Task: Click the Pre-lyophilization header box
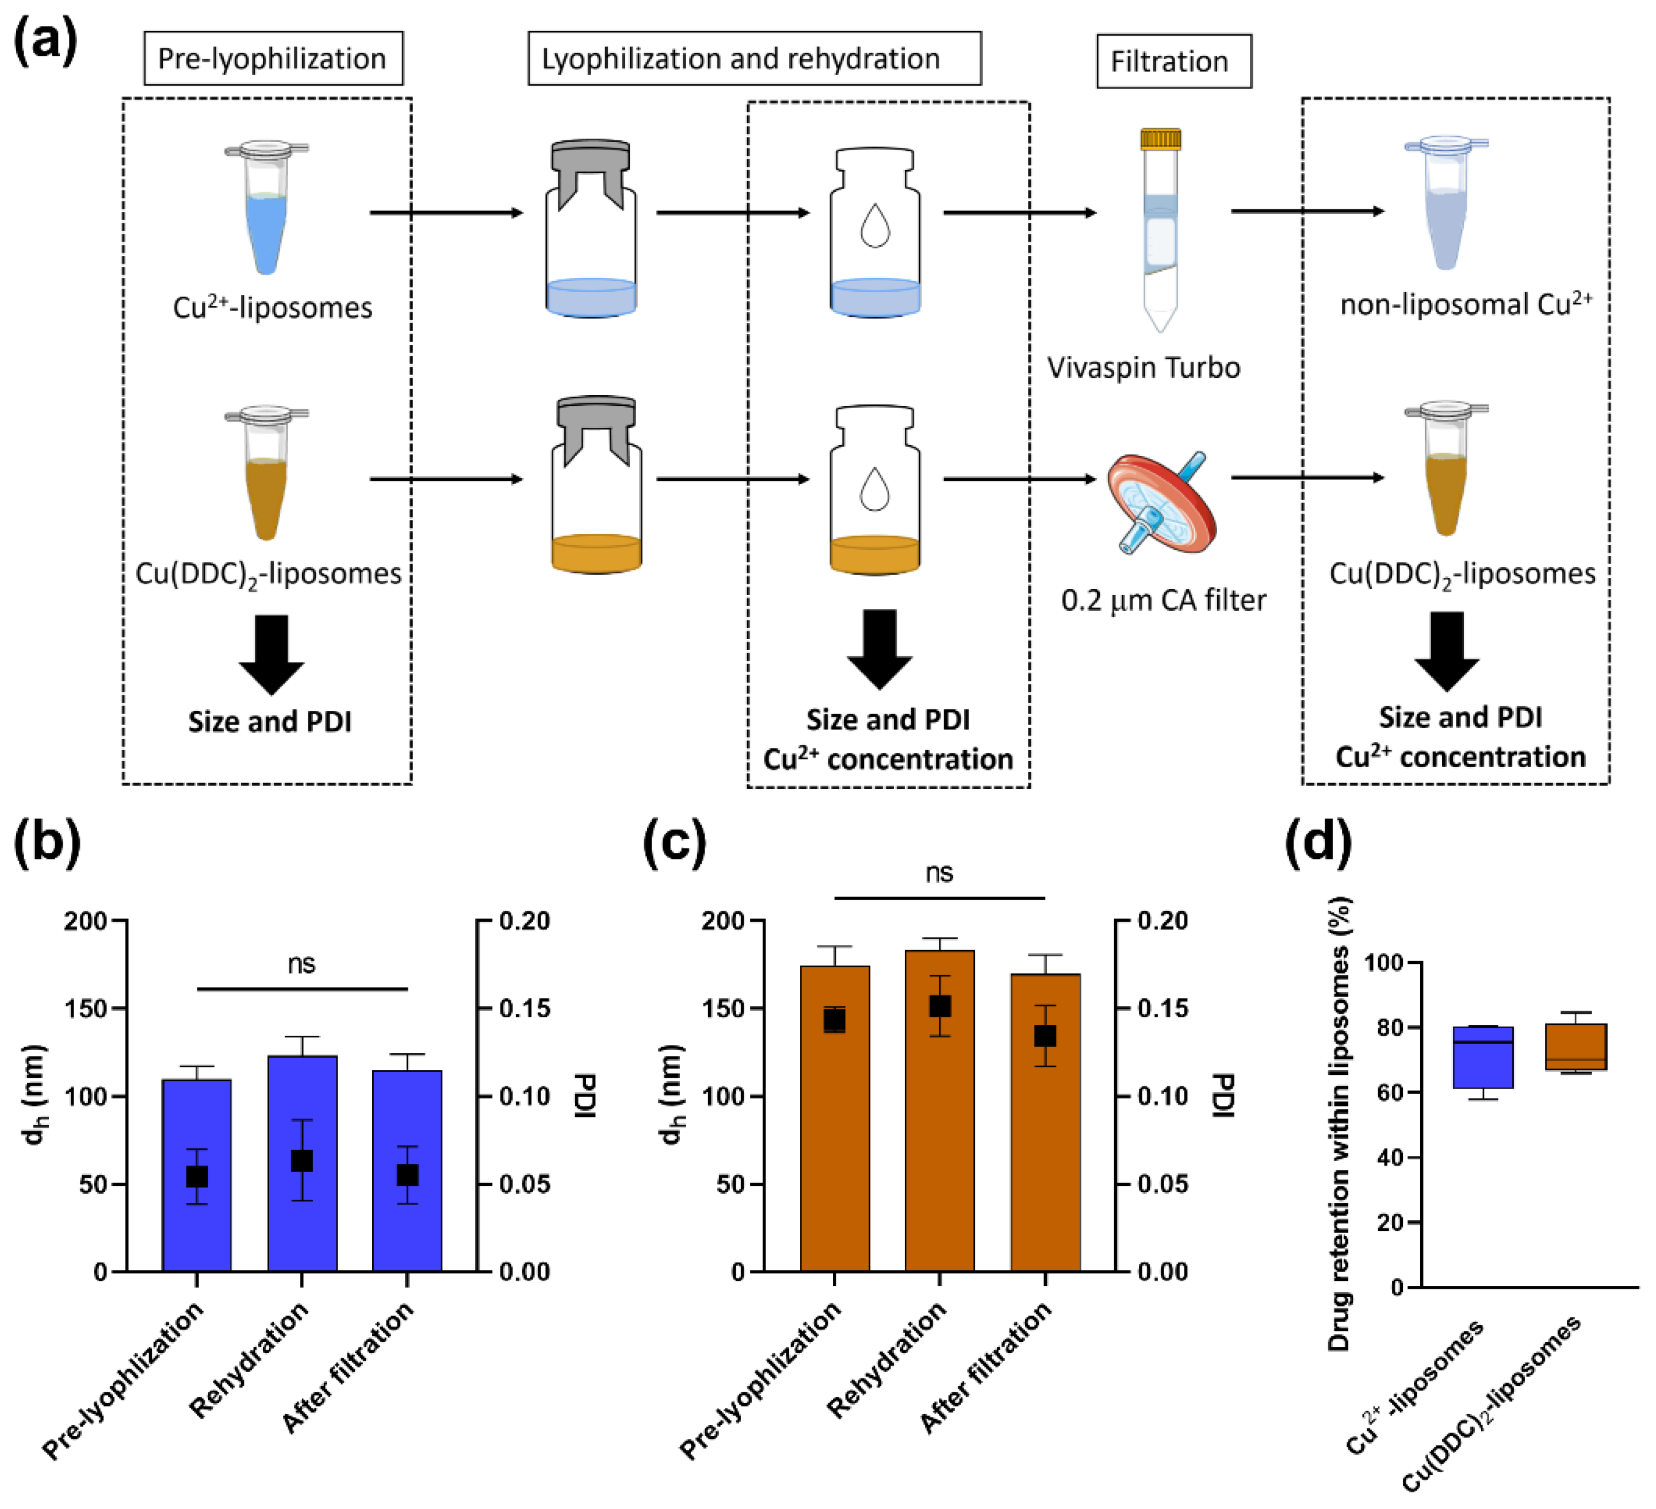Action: click(273, 58)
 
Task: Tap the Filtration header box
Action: click(1173, 62)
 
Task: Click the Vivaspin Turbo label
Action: click(1142, 367)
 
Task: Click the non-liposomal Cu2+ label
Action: click(1466, 305)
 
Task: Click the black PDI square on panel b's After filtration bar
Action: click(407, 1175)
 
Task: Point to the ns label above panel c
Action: click(939, 873)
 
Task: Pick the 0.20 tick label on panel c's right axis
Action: click(1162, 921)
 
